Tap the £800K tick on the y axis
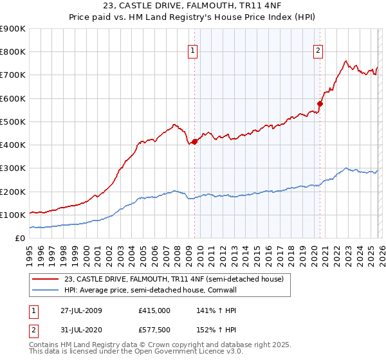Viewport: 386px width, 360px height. pyautogui.click(x=13, y=52)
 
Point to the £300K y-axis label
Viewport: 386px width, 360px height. pyautogui.click(x=13, y=168)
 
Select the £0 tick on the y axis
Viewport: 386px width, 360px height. pyautogui.click(x=19, y=239)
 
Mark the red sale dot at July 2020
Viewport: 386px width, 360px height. pyautogui.click(x=320, y=104)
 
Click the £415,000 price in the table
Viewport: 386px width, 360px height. pyautogui.click(x=154, y=310)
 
